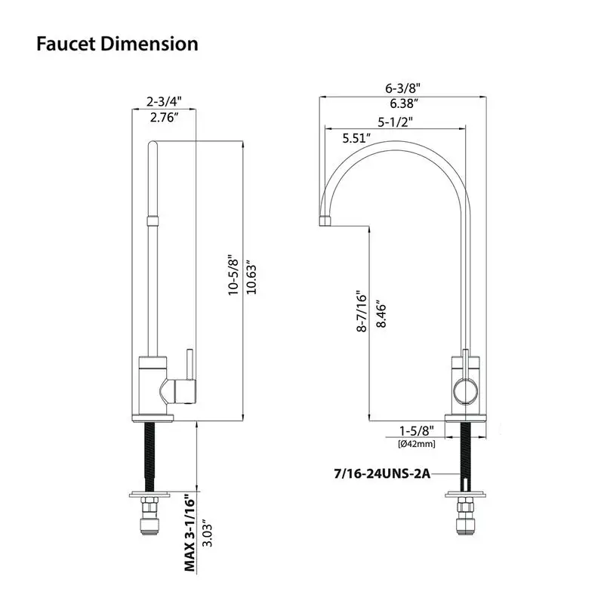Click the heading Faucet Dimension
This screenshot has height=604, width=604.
click(117, 44)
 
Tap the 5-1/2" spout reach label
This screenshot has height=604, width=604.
click(395, 121)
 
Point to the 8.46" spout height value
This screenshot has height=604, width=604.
click(381, 311)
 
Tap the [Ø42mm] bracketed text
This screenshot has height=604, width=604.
click(415, 443)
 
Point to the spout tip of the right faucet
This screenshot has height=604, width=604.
click(323, 220)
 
